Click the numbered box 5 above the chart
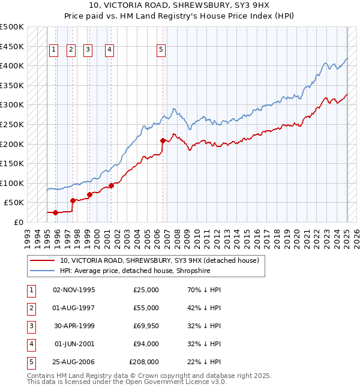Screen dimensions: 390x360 pyautogui.click(x=161, y=50)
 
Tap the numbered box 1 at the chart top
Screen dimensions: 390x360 pyautogui.click(x=54, y=50)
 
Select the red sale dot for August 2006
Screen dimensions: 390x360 pyautogui.click(x=163, y=140)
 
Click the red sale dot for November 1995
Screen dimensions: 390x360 pyautogui.click(x=55, y=212)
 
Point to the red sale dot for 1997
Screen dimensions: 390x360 pyautogui.click(x=73, y=200)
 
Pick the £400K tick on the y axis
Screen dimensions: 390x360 pyautogui.click(x=12, y=65)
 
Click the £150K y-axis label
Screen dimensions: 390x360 pyautogui.click(x=12, y=163)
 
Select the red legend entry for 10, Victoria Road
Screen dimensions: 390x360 pyautogui.click(x=159, y=260)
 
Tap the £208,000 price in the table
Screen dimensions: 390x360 pyautogui.click(x=144, y=362)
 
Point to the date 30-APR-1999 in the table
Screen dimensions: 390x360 pyautogui.click(x=74, y=326)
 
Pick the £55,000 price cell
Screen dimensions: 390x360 pyautogui.click(x=146, y=308)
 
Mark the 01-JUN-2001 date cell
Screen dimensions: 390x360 pyautogui.click(x=74, y=344)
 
